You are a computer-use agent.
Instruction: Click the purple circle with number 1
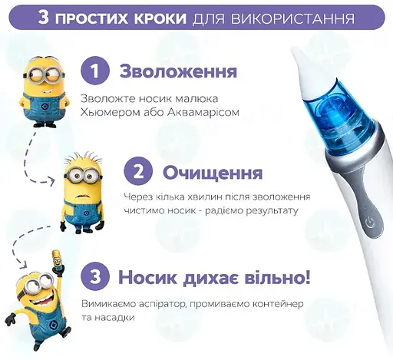tap(95, 72)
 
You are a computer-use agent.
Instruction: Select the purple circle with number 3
tap(95, 276)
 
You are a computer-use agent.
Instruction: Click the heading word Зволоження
tap(177, 72)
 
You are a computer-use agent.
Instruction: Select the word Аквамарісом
tap(205, 112)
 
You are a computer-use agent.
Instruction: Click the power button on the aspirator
tap(370, 220)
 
